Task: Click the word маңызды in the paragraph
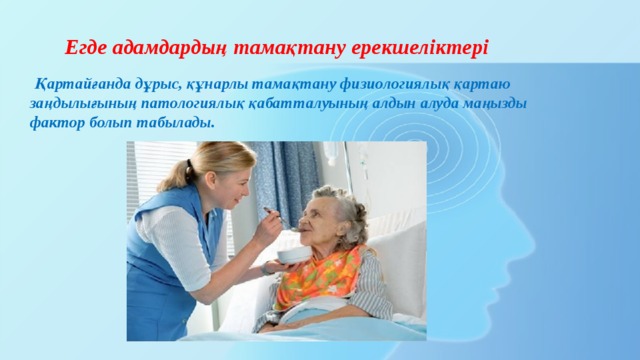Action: click(x=492, y=103)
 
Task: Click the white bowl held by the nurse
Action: click(x=294, y=257)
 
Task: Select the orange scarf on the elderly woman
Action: click(x=320, y=275)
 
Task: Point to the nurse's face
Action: click(x=233, y=180)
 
